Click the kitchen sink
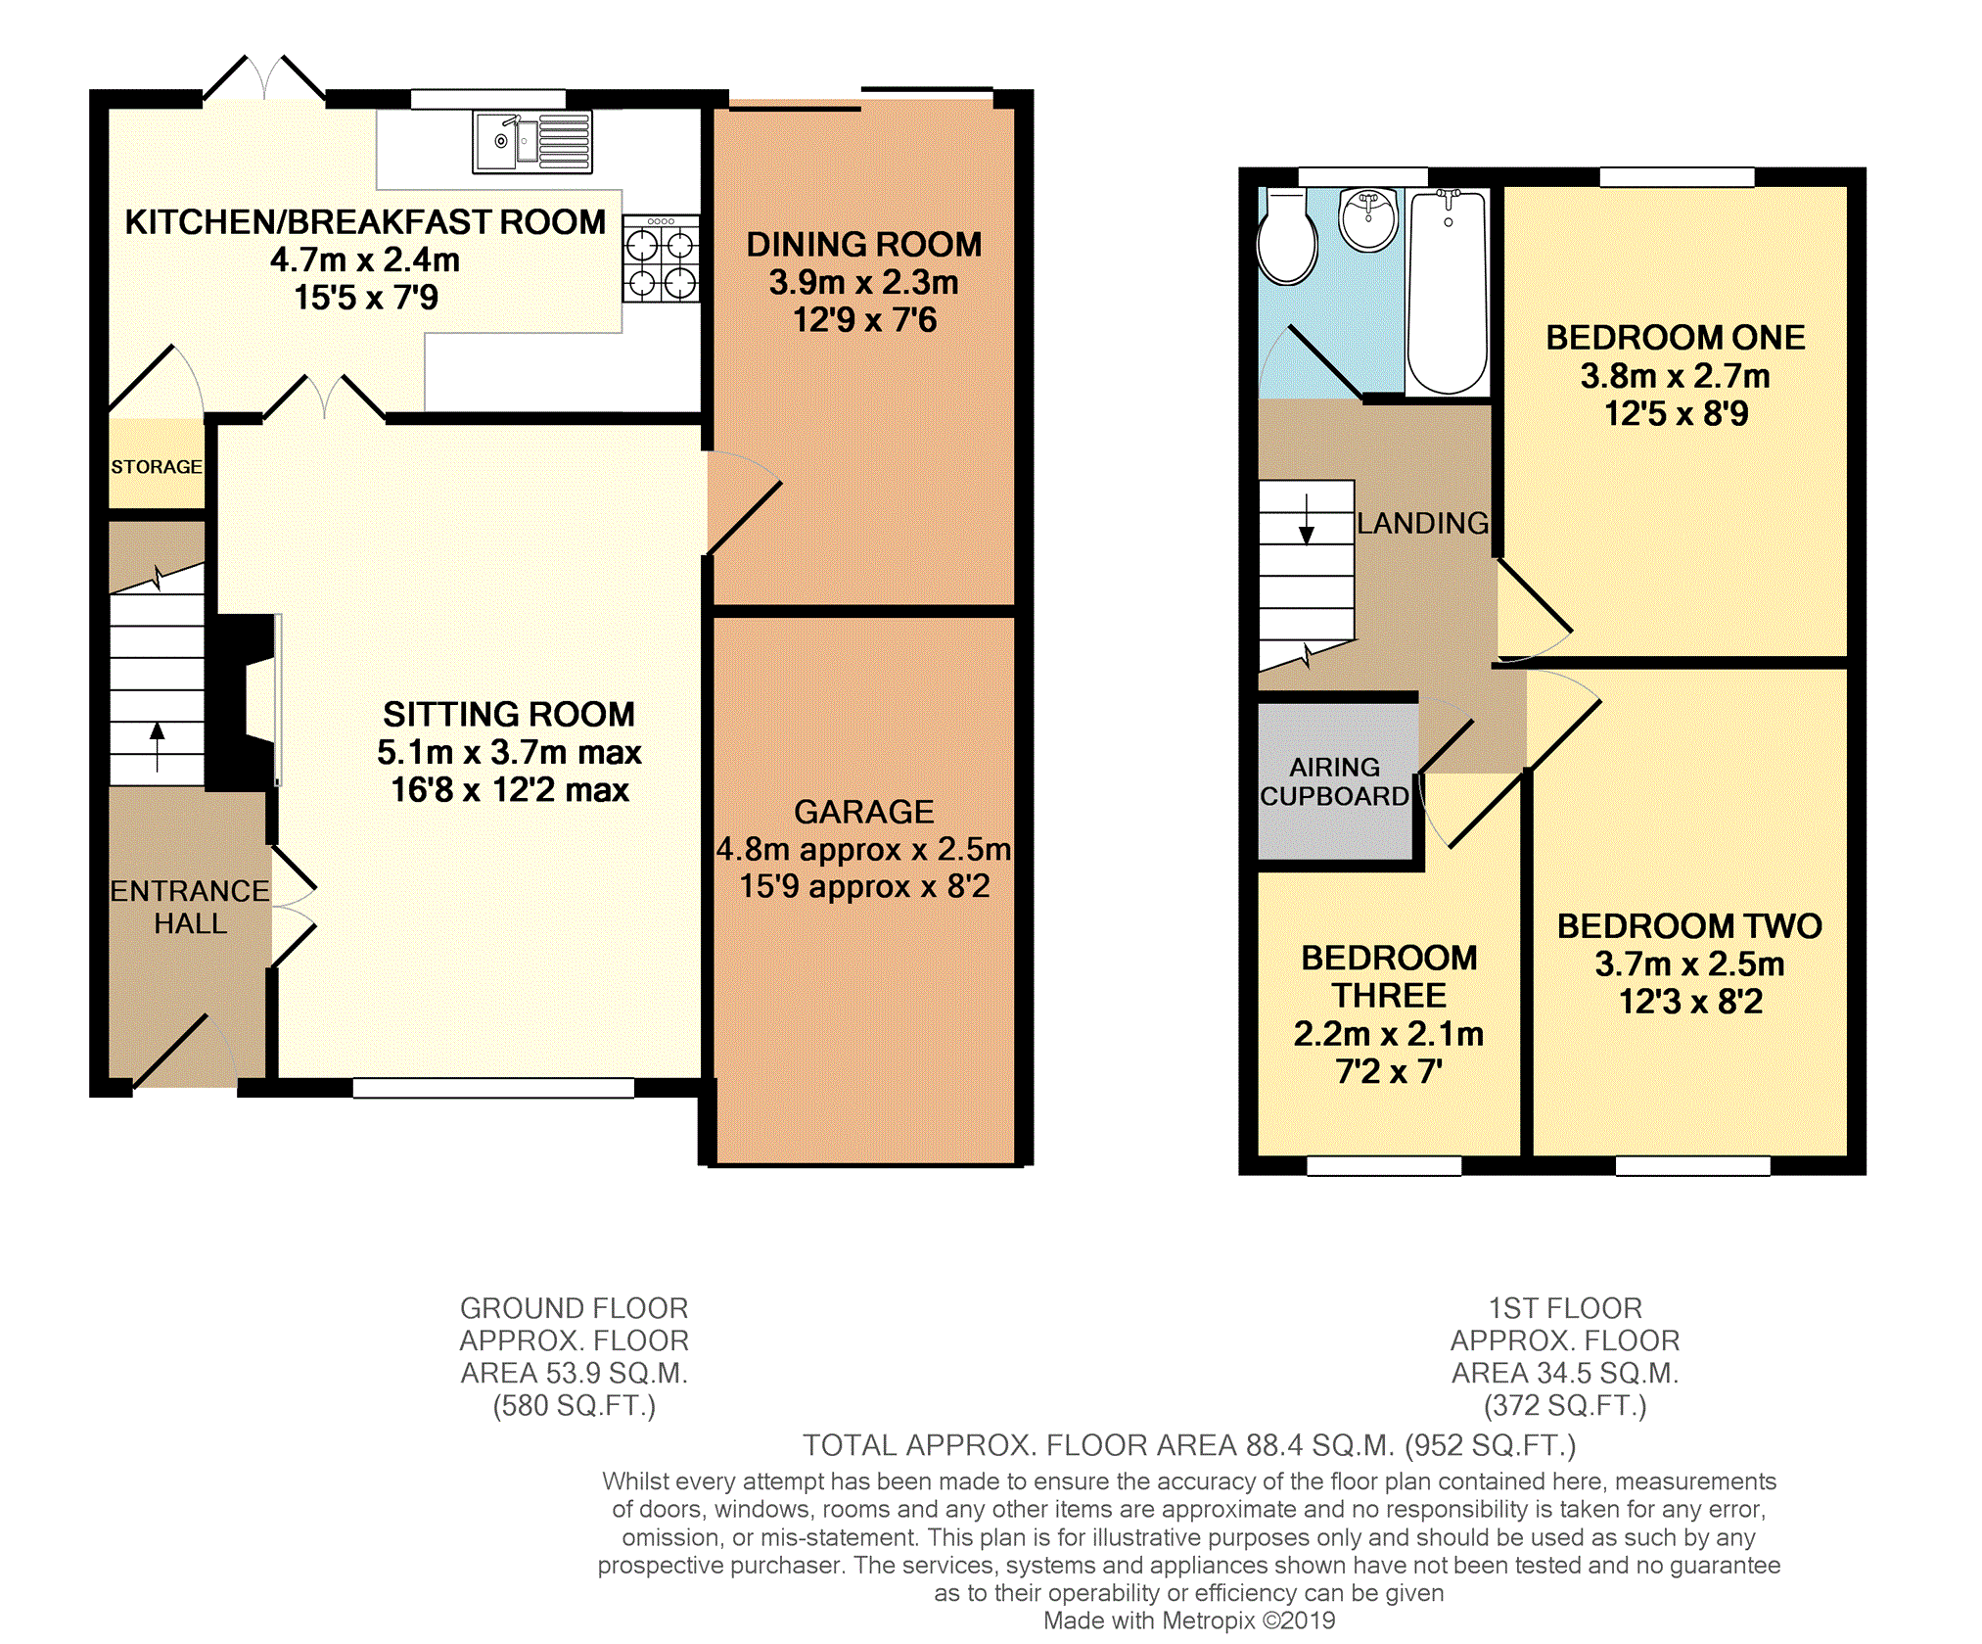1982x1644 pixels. pos(532,142)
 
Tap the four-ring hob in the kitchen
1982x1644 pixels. pos(661,258)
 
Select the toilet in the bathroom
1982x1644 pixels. pos(1286,236)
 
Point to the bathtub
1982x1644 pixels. pos(1448,292)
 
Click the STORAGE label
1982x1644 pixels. pos(157,467)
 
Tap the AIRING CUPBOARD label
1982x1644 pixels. pos(1334,781)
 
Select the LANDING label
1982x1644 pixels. pos(1422,523)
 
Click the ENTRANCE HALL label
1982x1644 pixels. pos(190,907)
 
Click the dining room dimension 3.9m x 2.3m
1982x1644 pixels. pos(863,282)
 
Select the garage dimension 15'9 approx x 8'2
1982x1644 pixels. pos(864,886)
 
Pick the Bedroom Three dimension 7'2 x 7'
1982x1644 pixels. pos(1389,1071)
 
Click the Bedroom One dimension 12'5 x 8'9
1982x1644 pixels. pos(1676,413)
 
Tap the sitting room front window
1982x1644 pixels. pos(493,1088)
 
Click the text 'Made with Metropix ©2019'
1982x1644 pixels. pos(1189,1621)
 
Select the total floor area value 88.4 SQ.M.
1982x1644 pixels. pos(1319,1445)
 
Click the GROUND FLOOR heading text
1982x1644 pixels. pos(575,1308)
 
